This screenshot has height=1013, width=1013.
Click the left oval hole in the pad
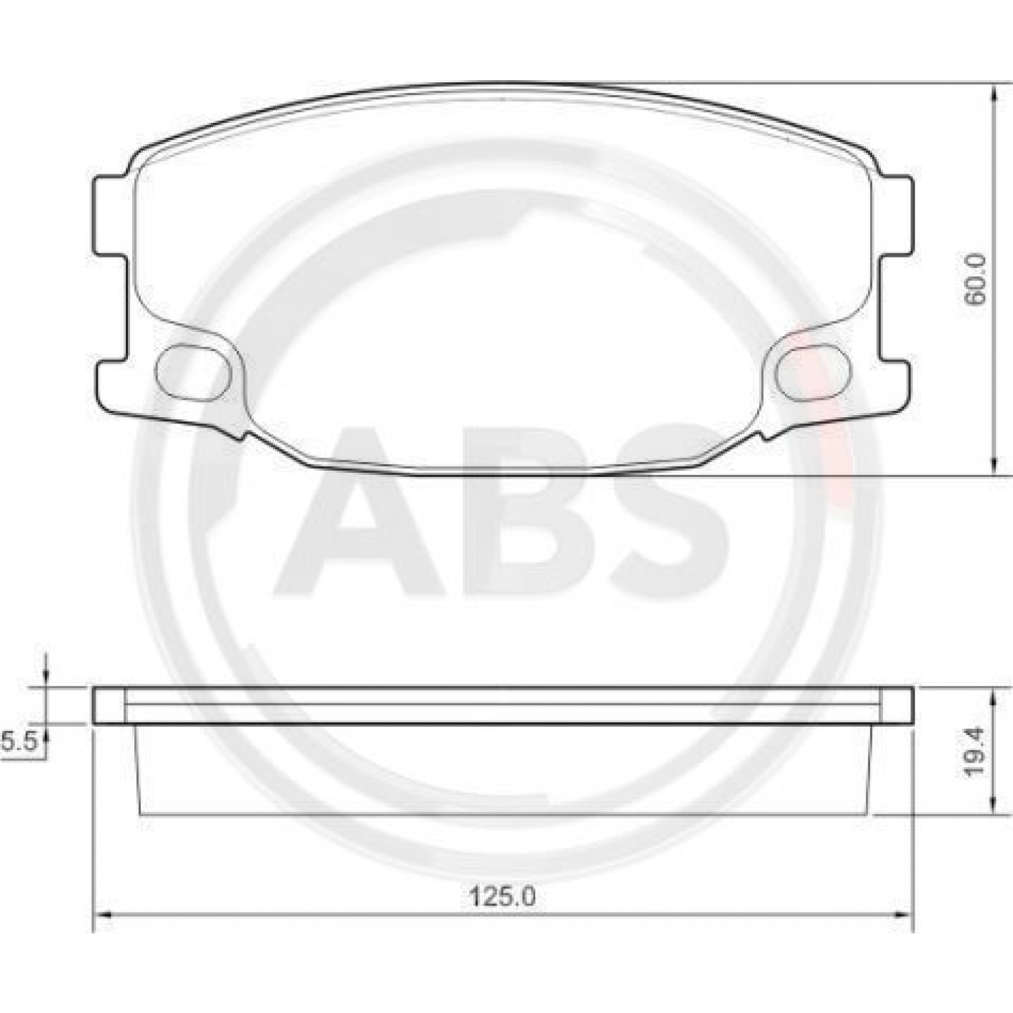tap(193, 372)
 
